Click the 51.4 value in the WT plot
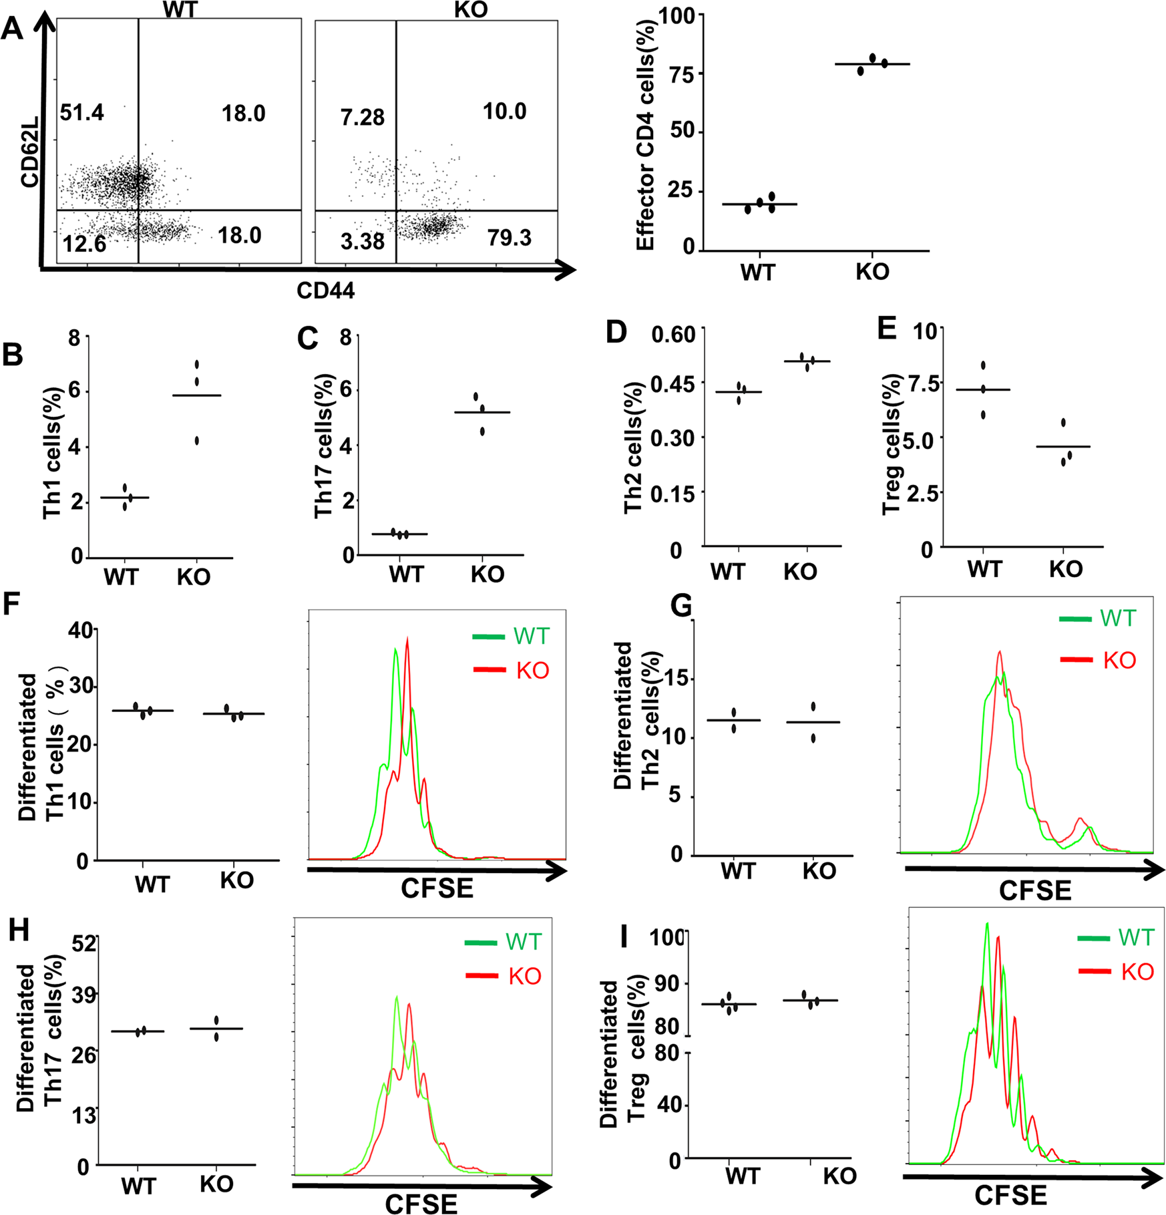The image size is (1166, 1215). pyautogui.click(x=81, y=113)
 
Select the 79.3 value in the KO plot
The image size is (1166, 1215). pyautogui.click(x=509, y=238)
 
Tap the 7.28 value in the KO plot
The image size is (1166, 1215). pyautogui.click(x=362, y=118)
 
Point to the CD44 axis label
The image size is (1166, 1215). pyautogui.click(x=325, y=291)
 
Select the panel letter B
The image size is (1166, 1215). pyautogui.click(x=12, y=355)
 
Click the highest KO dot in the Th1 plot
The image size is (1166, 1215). pyautogui.click(x=197, y=365)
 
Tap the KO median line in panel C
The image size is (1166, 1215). pyautogui.click(x=481, y=412)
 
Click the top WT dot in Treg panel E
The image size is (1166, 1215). pyautogui.click(x=983, y=365)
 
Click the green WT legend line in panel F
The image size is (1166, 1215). pyautogui.click(x=489, y=637)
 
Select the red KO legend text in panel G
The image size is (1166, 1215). pyautogui.click(x=1119, y=661)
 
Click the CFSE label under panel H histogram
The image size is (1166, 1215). pyautogui.click(x=421, y=1203)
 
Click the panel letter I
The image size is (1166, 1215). pyautogui.click(x=624, y=937)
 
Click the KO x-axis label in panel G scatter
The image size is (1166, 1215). pyautogui.click(x=819, y=871)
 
